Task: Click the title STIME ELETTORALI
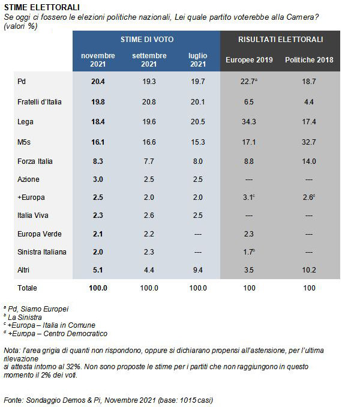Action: pyautogui.click(x=37, y=7)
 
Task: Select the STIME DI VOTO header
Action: pyautogui.click(x=147, y=40)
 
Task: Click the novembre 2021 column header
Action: pyautogui.click(x=98, y=60)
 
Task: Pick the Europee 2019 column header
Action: pyautogui.click(x=249, y=60)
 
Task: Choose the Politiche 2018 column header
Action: pyautogui.click(x=309, y=60)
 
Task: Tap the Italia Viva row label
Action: pyautogui.click(x=32, y=214)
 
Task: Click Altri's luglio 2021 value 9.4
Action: pyautogui.click(x=197, y=270)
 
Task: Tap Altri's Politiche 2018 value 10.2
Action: pyautogui.click(x=309, y=270)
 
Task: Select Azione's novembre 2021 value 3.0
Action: pyautogui.click(x=98, y=178)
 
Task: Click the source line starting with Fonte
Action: pyautogui.click(x=108, y=400)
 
